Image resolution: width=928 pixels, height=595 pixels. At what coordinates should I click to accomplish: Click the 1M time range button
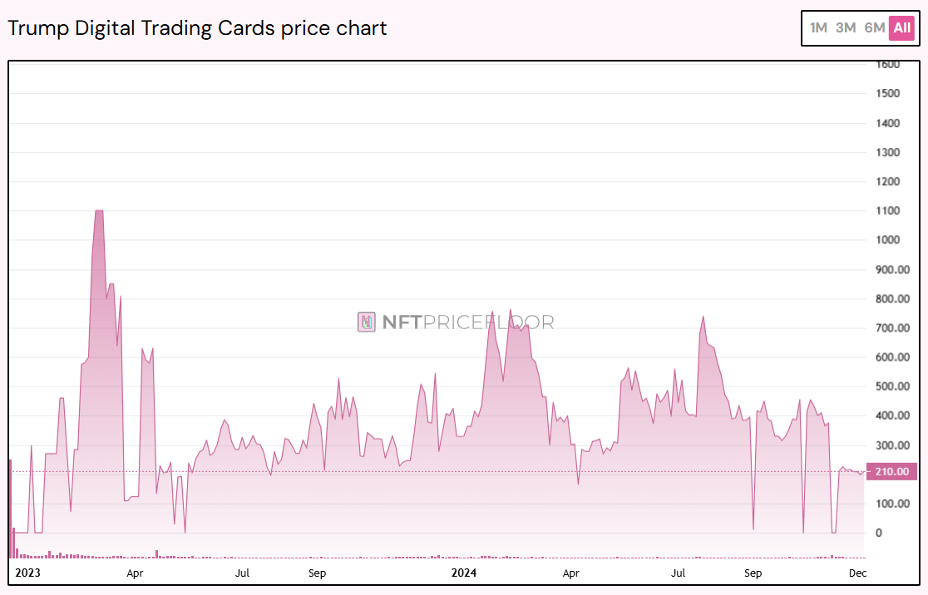coord(819,27)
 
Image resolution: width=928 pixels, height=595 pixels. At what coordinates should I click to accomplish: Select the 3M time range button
coord(846,27)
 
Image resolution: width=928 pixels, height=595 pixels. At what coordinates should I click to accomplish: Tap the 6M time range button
coord(874,27)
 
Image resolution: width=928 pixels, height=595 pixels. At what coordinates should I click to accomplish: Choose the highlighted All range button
coord(902,27)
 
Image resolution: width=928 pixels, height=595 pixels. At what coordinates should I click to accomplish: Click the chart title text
coord(197,27)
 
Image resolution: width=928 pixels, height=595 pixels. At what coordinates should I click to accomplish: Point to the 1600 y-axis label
coord(887,64)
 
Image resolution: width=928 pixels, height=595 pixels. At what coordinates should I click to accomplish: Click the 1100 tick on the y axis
coord(887,211)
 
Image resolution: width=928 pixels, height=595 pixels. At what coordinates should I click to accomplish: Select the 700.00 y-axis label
coord(891,328)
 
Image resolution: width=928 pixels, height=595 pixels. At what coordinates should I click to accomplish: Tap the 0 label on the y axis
coord(879,534)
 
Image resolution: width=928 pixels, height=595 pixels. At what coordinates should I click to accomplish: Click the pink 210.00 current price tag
coord(891,471)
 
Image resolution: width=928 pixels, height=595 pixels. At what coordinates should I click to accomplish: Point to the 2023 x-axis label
coord(28,573)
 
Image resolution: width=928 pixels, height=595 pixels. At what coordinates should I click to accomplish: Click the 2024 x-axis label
coord(463,573)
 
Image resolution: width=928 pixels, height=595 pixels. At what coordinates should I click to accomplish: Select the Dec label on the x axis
coord(858,573)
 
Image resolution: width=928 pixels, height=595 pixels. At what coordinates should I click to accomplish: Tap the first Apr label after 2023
coord(135,573)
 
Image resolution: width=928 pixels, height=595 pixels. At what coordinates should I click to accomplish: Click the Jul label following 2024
coord(678,573)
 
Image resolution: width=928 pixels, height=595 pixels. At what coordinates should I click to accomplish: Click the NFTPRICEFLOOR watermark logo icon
coord(367,322)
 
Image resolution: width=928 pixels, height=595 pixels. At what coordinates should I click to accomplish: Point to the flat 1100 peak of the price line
coord(99,211)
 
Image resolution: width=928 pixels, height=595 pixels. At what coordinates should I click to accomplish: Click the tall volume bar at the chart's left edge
coord(10,507)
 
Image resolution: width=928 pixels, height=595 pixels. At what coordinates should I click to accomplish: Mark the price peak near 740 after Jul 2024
coord(703,317)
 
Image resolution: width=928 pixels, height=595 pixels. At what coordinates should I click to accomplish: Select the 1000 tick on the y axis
coord(887,240)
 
